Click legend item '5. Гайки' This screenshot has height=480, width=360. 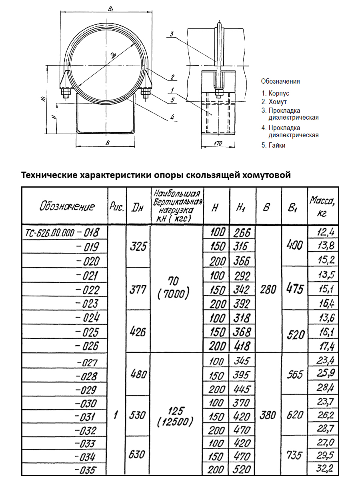[x=274, y=146]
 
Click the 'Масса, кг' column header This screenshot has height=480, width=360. [x=322, y=206]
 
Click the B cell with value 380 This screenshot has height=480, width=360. [x=268, y=416]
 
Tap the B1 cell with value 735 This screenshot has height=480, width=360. [x=295, y=455]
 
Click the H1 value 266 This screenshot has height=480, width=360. [x=242, y=233]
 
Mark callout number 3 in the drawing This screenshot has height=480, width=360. [x=171, y=34]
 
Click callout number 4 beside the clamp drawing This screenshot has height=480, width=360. [x=172, y=117]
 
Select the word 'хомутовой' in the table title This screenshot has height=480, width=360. [x=260, y=175]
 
